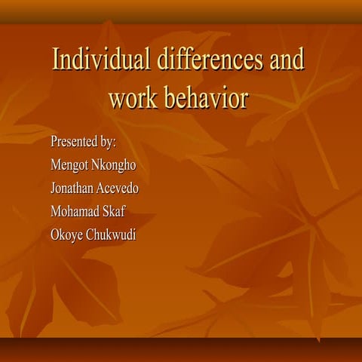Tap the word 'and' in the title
tap(284, 61)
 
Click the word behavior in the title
tap(207, 98)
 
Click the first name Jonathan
tap(75, 188)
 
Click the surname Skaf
tap(117, 211)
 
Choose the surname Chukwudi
tap(111, 235)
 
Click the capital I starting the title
tap(55, 61)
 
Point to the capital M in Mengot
tap(54, 165)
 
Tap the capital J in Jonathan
tap(52, 188)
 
